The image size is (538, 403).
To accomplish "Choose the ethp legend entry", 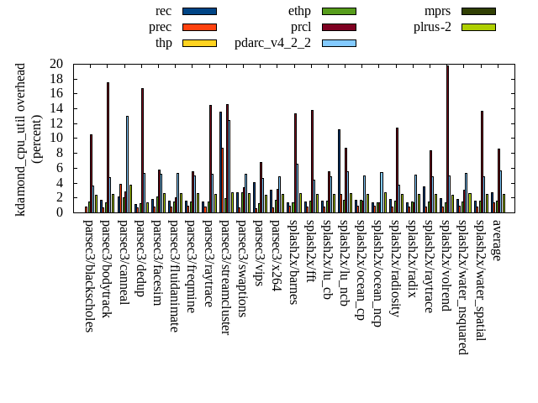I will coord(299,11).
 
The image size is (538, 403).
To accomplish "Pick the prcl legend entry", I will coord(300,27).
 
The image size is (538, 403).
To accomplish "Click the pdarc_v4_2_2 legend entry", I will coord(272,43).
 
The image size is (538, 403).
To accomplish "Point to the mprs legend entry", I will coord(438,11).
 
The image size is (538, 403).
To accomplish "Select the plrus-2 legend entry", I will coord(432,27).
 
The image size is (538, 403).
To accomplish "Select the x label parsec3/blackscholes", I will coord(88,275).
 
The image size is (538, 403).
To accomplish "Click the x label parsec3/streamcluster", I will coord(224,277).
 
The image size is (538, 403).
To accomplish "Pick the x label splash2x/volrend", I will coord(446,268).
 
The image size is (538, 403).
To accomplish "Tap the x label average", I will coord(497,239).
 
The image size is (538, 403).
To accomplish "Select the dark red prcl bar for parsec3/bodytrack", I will coord(108,147).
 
